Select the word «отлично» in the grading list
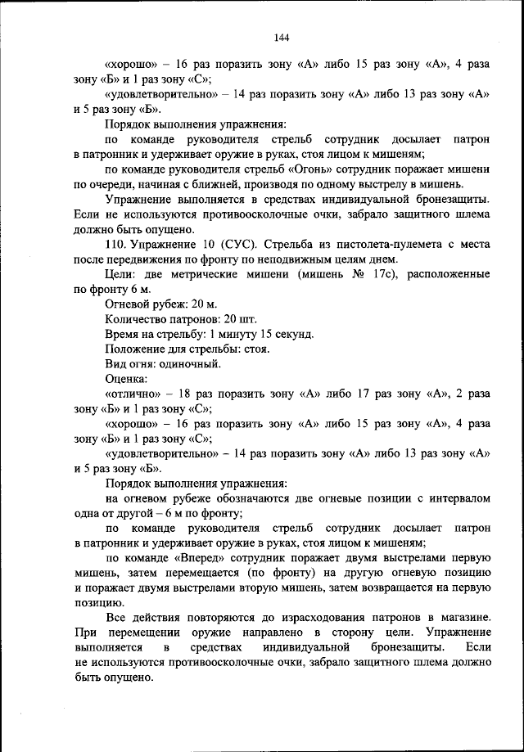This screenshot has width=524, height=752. pos(133,394)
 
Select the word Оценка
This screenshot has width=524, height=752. pos(126,379)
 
